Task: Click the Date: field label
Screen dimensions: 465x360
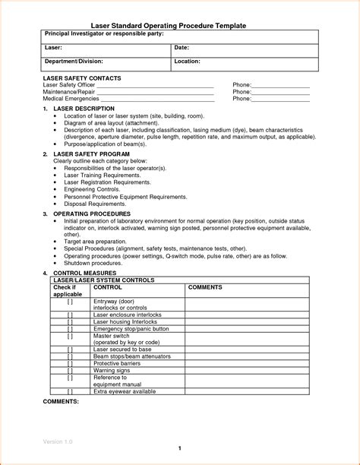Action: [x=182, y=48]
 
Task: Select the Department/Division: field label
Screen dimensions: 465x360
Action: [x=74, y=61]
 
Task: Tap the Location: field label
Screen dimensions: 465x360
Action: [x=187, y=61]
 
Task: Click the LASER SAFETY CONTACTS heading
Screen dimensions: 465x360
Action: [x=82, y=78]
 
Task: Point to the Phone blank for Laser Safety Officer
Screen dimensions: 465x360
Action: [x=280, y=85]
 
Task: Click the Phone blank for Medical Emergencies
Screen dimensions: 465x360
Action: [x=280, y=99]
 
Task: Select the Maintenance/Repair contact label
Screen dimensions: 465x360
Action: [x=70, y=92]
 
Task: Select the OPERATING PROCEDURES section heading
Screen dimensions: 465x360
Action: [x=92, y=214]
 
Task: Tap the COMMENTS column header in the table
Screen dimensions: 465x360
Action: [x=204, y=287]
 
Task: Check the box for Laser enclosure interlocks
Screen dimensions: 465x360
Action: [x=70, y=314]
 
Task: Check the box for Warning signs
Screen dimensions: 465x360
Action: [x=70, y=370]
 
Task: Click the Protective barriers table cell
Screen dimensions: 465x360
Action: [x=118, y=363]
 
